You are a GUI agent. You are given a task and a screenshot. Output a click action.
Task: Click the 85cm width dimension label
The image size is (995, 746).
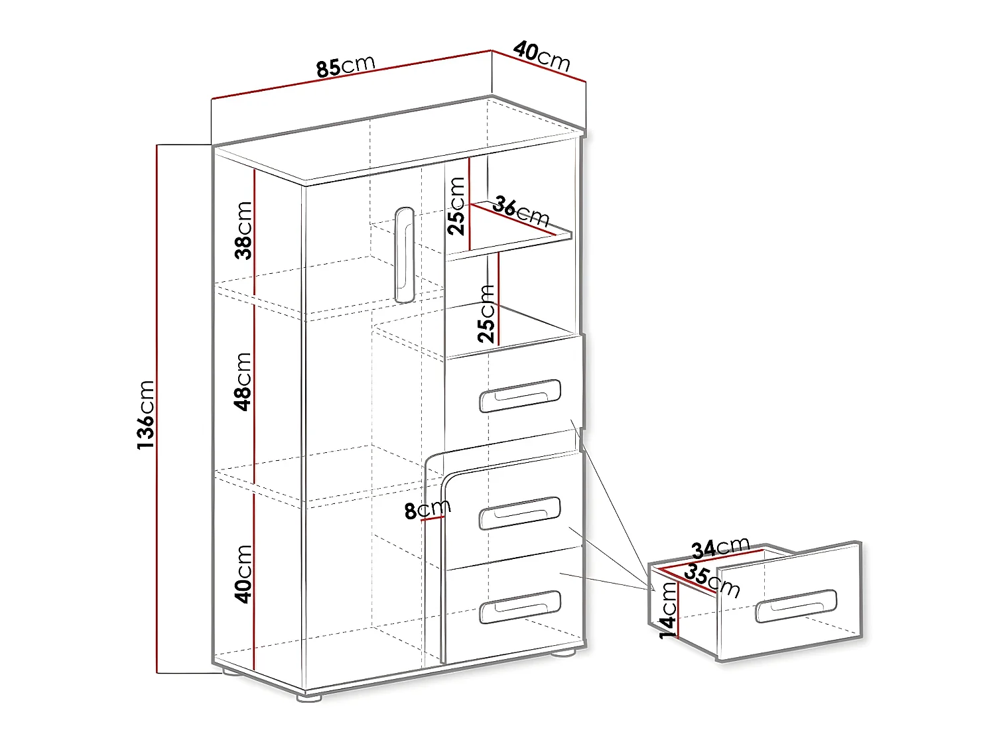(x=346, y=66)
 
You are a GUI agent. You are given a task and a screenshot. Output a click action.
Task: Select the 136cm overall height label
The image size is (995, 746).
(x=146, y=414)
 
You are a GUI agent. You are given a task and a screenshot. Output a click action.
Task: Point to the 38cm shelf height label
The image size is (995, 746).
(x=243, y=229)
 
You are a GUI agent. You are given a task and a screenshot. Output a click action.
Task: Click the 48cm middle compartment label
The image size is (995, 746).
(x=243, y=381)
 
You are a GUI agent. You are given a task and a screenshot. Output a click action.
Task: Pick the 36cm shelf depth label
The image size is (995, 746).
(x=521, y=212)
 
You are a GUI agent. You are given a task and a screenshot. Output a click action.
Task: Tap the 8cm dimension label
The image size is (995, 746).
(x=427, y=509)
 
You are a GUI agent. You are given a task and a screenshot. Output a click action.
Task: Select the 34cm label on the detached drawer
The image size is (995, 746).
(x=720, y=548)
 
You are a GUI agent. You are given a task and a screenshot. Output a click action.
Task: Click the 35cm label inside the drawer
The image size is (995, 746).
(x=712, y=580)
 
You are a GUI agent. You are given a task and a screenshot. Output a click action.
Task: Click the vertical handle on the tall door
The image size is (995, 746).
(x=403, y=255)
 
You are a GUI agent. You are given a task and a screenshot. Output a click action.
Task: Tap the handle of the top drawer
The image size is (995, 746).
(x=520, y=396)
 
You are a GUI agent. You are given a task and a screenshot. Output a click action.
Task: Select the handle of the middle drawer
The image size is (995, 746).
(x=520, y=513)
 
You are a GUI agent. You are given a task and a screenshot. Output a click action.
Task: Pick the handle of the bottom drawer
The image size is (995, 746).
(x=520, y=607)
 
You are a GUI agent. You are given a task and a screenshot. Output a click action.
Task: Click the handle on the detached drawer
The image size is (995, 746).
(x=796, y=605)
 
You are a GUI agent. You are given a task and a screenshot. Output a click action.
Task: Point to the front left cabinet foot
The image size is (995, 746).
(x=308, y=697)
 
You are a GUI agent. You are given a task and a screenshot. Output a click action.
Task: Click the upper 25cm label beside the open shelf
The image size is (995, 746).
(x=457, y=206)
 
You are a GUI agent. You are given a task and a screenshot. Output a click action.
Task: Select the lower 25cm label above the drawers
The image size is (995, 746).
(x=487, y=312)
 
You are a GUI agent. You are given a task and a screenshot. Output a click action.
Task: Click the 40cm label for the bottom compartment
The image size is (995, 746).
(x=243, y=574)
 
